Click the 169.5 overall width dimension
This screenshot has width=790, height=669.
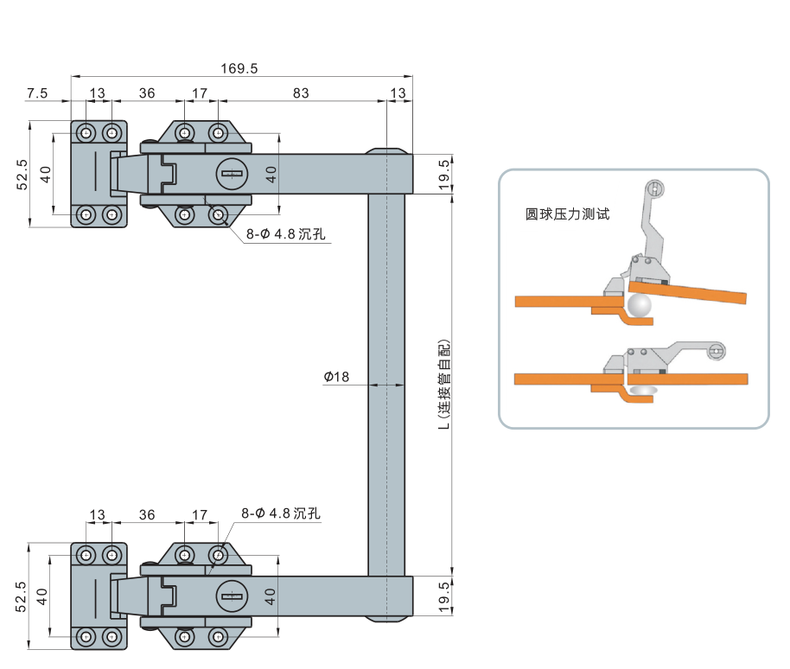tap(240, 67)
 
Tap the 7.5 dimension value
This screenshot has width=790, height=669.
tap(37, 93)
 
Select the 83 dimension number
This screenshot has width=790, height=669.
tap(300, 93)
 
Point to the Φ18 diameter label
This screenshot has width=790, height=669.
tap(337, 377)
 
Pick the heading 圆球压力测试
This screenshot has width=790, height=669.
tap(568, 213)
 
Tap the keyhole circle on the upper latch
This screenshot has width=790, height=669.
tap(230, 174)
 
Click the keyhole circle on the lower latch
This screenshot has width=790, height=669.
tap(230, 595)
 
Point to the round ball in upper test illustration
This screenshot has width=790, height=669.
tap(640, 305)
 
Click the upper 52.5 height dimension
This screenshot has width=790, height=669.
tap(22, 174)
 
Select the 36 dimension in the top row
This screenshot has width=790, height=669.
tap(147, 93)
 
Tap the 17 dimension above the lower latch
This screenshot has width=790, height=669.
tap(200, 514)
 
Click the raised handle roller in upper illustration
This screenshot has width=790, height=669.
tap(655, 188)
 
